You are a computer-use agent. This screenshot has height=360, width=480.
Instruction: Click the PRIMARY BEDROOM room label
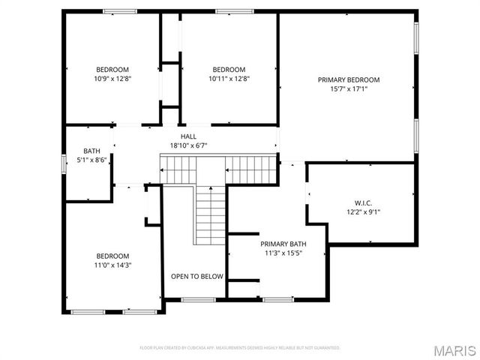348,79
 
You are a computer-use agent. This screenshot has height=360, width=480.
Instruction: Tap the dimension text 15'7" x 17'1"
348,88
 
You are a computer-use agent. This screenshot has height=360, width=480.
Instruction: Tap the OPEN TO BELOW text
196,277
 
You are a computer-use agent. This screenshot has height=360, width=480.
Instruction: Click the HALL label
188,136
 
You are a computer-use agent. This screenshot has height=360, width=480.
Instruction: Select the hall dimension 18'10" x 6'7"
188,145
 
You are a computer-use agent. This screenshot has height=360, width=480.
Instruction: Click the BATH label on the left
91,151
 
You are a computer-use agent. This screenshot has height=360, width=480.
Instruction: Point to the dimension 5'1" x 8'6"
91,160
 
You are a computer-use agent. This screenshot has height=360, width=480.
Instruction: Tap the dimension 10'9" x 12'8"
112,78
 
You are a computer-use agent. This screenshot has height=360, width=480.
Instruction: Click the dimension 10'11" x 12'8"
229,78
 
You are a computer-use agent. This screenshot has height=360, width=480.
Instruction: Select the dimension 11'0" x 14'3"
112,265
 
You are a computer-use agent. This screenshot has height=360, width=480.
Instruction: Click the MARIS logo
453,350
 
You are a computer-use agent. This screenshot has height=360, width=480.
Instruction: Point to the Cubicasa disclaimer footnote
240,348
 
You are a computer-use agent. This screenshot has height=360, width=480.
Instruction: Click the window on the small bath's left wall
64,163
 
